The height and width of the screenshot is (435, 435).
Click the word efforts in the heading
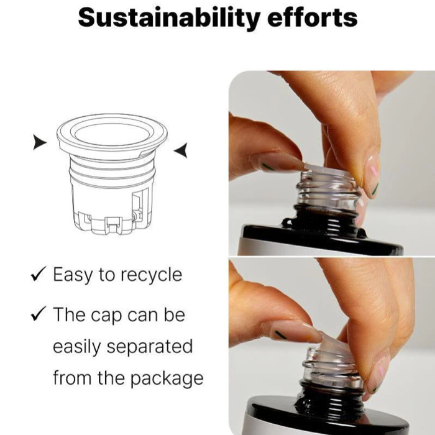[313, 17]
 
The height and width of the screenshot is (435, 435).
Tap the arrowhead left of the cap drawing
[40, 142]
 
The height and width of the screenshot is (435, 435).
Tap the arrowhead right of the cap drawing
[181, 150]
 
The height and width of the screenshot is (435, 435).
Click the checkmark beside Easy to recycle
[39, 274]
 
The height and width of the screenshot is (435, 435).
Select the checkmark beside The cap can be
[39, 314]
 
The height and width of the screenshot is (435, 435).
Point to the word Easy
[73, 275]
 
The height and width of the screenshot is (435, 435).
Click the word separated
[150, 347]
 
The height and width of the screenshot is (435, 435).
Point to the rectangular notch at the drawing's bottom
[113, 224]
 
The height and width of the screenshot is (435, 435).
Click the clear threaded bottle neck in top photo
[328, 191]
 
